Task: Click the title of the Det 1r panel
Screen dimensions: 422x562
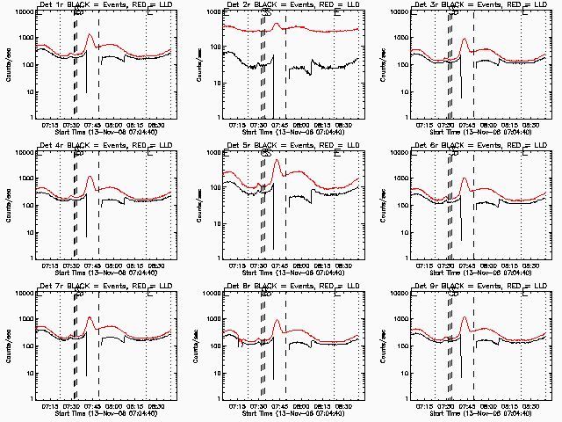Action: (97, 5)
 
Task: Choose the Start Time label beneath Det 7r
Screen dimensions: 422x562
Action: (97, 413)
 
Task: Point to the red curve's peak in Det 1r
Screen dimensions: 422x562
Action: (90, 35)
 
